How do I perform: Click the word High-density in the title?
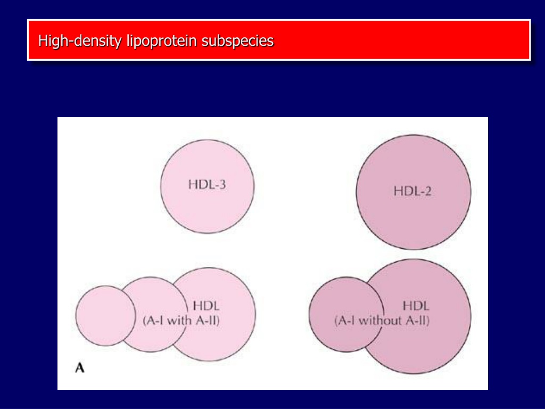[80, 40]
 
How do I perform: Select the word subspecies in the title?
[237, 41]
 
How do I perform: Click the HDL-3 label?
[207, 184]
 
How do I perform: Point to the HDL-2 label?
[412, 191]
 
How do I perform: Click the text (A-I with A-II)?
[181, 320]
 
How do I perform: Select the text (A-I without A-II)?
[382, 320]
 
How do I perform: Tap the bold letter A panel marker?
[80, 368]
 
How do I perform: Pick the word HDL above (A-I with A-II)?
[206, 306]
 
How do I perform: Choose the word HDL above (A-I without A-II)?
[416, 306]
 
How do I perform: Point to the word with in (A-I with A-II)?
[179, 320]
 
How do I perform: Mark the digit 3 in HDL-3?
[222, 184]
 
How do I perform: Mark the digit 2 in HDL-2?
[428, 191]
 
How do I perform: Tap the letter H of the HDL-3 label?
[192, 184]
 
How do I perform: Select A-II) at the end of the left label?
[208, 320]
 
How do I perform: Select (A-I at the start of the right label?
[345, 320]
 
